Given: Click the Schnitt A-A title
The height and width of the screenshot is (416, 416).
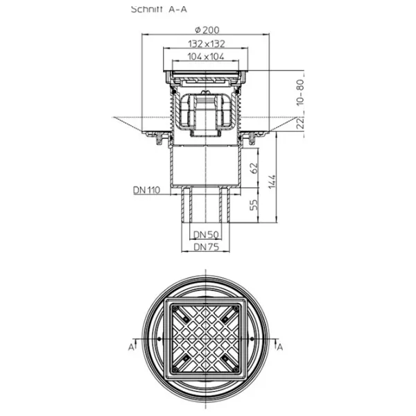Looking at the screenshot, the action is (x=159, y=9).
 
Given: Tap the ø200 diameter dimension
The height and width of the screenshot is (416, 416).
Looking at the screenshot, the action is (x=207, y=30).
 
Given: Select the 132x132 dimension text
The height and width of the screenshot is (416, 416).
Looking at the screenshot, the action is (x=207, y=44).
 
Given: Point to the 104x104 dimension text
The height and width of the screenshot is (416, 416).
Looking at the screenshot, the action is (x=206, y=57).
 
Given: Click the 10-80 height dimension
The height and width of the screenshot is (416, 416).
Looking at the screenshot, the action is (x=300, y=92).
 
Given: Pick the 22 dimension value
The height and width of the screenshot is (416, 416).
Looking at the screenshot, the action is (x=300, y=123).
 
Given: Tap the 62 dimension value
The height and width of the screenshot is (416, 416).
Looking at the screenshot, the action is (x=254, y=168).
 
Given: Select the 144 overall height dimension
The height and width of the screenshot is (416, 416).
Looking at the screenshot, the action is (x=272, y=182).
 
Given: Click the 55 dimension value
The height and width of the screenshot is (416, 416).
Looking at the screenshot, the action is (x=254, y=205).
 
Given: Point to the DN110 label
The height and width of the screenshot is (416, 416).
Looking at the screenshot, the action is (x=147, y=190).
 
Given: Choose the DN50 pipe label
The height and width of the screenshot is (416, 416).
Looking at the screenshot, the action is (x=206, y=234).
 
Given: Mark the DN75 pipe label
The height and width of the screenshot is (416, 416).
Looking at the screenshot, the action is (x=207, y=247).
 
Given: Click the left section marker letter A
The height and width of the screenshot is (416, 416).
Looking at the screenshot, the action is (x=131, y=347).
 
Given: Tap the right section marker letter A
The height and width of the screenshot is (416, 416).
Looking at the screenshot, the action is (x=280, y=347).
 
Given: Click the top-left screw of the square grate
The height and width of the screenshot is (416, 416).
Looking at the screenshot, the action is (x=175, y=309).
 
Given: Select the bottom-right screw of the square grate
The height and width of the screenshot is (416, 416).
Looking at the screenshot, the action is (x=236, y=370).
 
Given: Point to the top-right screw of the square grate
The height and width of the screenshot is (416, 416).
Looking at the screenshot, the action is (x=236, y=309).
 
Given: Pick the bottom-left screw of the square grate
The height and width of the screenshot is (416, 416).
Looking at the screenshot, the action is (x=175, y=370).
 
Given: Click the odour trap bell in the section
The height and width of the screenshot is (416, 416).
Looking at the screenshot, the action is (x=206, y=112).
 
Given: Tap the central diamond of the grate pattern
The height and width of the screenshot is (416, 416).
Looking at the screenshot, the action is (x=206, y=339).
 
